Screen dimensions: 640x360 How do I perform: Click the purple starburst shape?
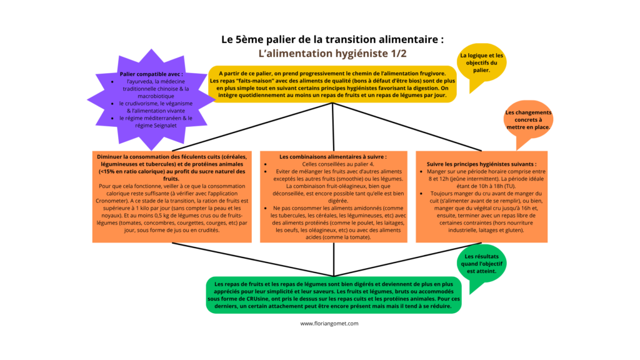151,100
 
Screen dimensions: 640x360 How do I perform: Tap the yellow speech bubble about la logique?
481,65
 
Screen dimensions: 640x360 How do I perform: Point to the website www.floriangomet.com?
329,323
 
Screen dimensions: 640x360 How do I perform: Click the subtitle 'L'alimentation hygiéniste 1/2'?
332,54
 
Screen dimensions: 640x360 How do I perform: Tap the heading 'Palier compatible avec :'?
151,74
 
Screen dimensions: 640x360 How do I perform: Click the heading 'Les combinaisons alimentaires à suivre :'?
333,157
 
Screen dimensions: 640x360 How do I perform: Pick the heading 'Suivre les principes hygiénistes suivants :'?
482,164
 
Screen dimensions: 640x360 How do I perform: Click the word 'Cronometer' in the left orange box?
111,201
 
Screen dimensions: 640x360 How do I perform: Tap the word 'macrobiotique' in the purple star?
156,96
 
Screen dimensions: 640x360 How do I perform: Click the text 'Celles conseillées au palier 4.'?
338,164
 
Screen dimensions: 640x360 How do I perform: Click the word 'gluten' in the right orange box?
514,230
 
